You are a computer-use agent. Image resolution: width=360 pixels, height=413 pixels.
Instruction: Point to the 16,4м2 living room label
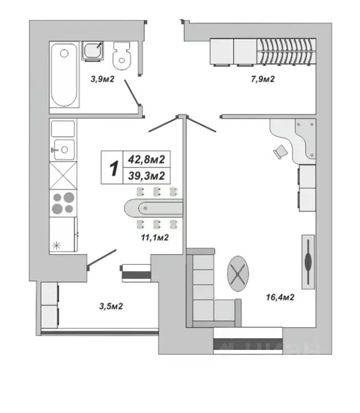pos(279,297)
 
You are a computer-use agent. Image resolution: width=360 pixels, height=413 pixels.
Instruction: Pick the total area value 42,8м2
pos(146,159)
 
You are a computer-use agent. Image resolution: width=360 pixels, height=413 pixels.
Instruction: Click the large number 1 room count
pos(114,168)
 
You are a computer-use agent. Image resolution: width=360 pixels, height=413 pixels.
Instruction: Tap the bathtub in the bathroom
pos(64,75)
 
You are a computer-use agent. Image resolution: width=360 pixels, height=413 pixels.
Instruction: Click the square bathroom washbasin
pos(92,51)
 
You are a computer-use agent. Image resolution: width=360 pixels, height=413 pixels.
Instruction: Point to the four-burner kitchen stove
pos(62,203)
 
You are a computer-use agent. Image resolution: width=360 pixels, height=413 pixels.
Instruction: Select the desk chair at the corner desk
pos(280,150)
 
